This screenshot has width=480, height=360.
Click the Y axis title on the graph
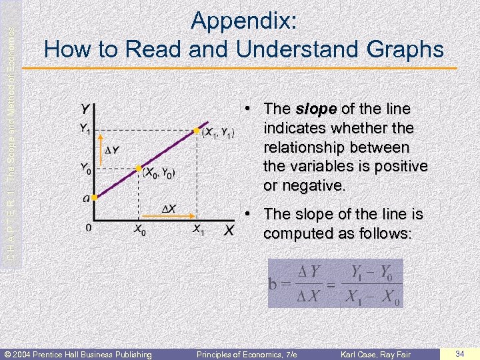click(87, 108)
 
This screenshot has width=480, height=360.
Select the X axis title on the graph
click(228, 231)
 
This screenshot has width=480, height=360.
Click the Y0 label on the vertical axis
click(86, 168)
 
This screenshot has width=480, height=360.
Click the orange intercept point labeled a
click(95, 197)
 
